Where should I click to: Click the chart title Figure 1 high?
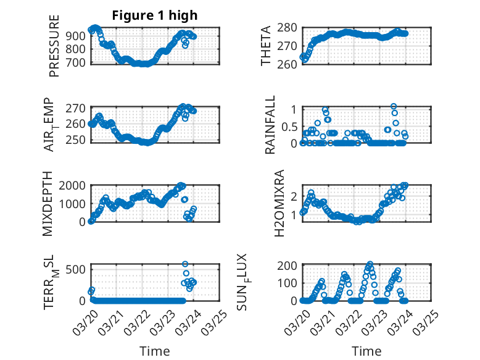(x=155, y=15)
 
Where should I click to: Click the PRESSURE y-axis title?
(x=54, y=50)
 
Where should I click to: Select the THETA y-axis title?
(x=266, y=46)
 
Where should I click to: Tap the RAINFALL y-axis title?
(x=270, y=125)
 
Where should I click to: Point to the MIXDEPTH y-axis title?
(x=48, y=204)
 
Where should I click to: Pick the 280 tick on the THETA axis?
(x=290, y=27)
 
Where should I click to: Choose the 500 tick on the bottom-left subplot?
(x=79, y=270)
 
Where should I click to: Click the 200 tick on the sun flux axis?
(x=290, y=266)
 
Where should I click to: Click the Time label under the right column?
(x=366, y=351)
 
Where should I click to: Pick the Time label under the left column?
(x=155, y=351)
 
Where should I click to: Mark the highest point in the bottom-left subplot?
(x=185, y=264)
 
